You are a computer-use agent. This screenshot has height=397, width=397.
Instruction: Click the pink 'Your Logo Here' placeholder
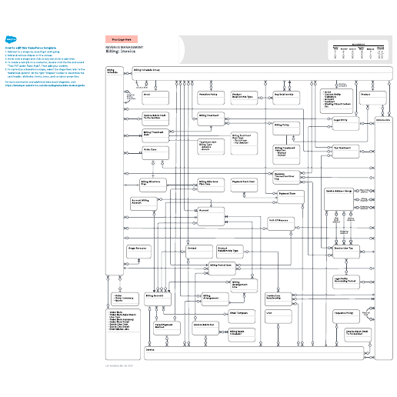[121, 38]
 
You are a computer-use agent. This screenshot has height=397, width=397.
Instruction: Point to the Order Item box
[155, 153]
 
